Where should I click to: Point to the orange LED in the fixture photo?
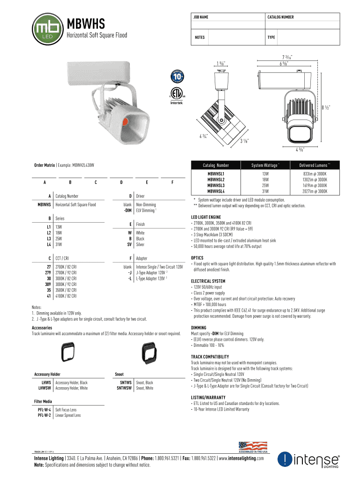(x=125, y=122)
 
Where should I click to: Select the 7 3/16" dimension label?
(x=286, y=57)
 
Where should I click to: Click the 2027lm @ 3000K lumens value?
(x=315, y=191)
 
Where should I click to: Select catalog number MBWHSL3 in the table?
(x=216, y=185)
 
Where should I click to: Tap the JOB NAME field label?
(x=201, y=17)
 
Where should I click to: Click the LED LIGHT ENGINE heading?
(x=206, y=217)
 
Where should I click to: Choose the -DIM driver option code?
(x=126, y=210)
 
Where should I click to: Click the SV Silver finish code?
(x=128, y=244)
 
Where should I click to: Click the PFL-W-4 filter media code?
(x=44, y=410)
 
